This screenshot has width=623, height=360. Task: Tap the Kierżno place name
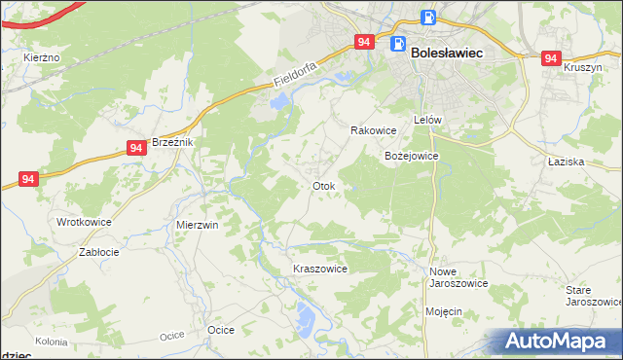click(42, 58)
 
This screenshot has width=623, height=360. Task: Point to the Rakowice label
click(373, 130)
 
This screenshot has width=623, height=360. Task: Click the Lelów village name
click(428, 120)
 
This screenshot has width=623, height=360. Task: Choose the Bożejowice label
click(412, 156)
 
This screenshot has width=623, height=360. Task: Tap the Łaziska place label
click(566, 162)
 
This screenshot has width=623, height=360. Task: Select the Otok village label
click(323, 186)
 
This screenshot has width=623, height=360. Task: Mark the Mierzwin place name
click(197, 224)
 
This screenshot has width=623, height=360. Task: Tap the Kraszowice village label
click(320, 269)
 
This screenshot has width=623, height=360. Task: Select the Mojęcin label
click(443, 311)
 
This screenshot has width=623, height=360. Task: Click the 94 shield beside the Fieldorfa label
click(364, 42)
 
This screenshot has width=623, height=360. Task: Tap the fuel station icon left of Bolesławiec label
click(397, 44)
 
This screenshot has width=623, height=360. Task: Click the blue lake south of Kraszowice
click(306, 316)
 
